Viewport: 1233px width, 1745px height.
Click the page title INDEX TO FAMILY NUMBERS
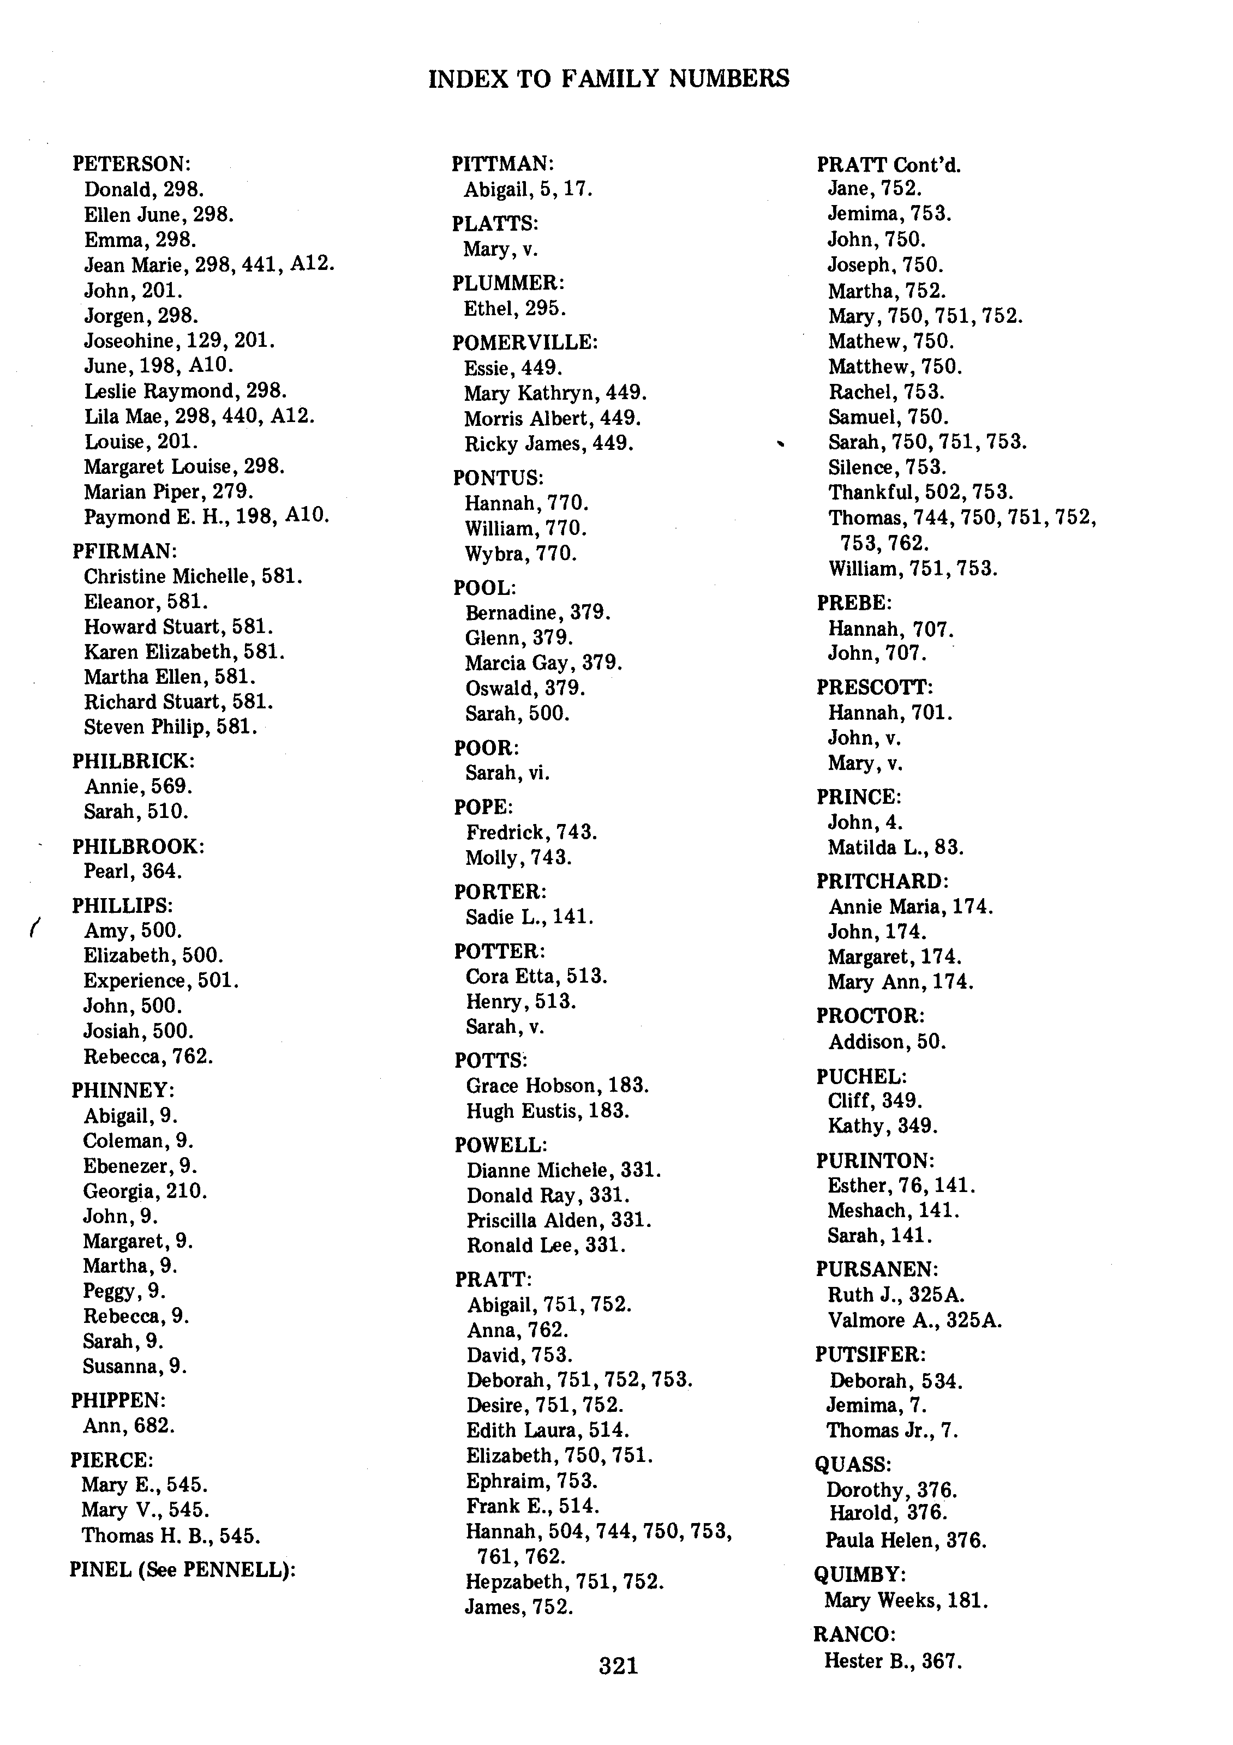click(x=609, y=79)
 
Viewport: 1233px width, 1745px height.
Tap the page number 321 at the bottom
click(x=618, y=1665)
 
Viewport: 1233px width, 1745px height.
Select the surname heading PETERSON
click(x=131, y=164)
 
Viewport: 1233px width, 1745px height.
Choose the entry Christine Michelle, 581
click(x=193, y=576)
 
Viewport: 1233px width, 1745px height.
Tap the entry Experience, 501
click(x=161, y=980)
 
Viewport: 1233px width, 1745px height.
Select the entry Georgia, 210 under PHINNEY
click(x=145, y=1191)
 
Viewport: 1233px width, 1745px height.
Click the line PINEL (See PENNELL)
click(x=182, y=1569)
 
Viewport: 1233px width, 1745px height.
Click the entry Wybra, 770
click(x=520, y=553)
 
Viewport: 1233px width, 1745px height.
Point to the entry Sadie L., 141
click(x=530, y=917)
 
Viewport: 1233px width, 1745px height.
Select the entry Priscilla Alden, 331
click(x=559, y=1220)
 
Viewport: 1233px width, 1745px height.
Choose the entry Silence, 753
click(x=887, y=467)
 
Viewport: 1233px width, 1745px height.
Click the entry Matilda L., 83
click(x=895, y=847)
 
